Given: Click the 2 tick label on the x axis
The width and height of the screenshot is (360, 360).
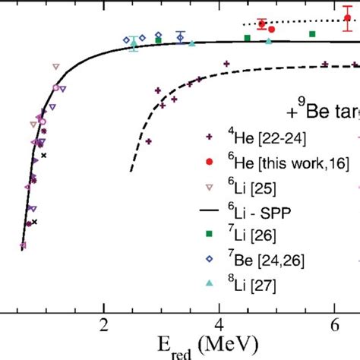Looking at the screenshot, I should click(103, 326).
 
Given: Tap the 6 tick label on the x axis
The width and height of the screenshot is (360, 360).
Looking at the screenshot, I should click(335, 326).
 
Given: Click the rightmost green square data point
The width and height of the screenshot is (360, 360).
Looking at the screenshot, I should click(312, 34).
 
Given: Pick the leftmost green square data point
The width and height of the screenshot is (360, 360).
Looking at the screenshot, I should click(158, 40).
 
